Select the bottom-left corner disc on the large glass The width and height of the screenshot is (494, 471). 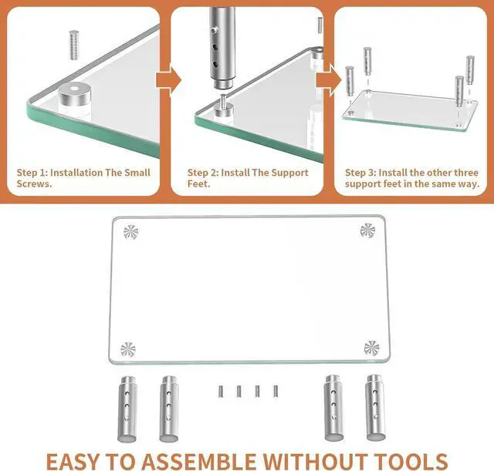(x=128, y=348)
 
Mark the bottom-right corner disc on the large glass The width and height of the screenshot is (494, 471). (x=371, y=348)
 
